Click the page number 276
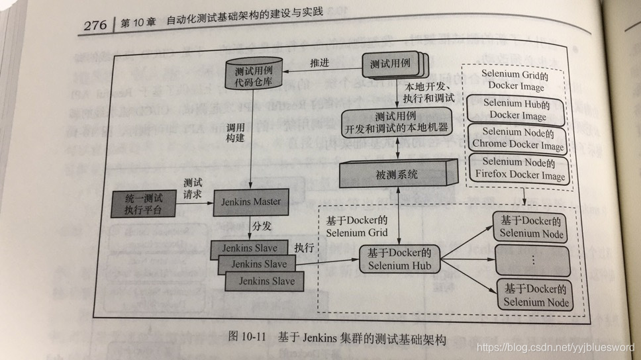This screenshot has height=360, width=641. (x=97, y=25)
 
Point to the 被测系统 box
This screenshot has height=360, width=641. (x=395, y=175)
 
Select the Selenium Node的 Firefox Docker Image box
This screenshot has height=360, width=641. (x=519, y=169)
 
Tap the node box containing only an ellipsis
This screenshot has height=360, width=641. (x=532, y=259)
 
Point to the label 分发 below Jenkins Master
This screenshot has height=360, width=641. (x=261, y=227)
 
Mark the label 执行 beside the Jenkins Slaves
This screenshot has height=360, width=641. (x=304, y=247)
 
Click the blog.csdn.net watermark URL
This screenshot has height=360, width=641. (x=555, y=348)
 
